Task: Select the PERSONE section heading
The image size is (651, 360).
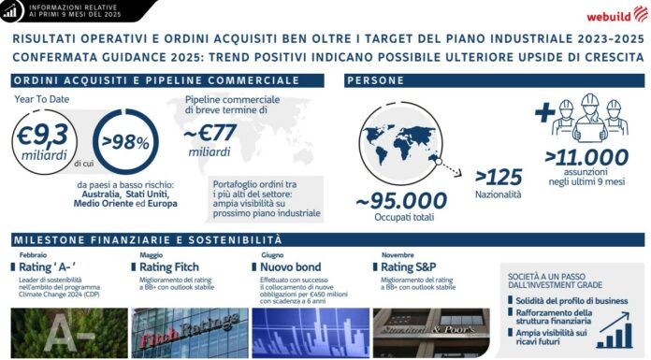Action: pos(380,80)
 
